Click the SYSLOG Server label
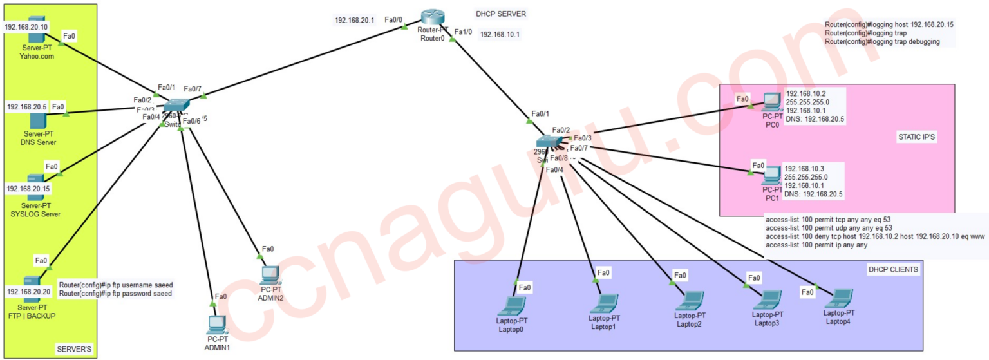37,214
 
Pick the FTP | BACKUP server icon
32,283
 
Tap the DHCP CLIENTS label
892,269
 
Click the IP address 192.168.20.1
354,20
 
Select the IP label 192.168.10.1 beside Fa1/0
500,34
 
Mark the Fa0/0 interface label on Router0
393,19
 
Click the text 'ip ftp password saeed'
116,294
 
